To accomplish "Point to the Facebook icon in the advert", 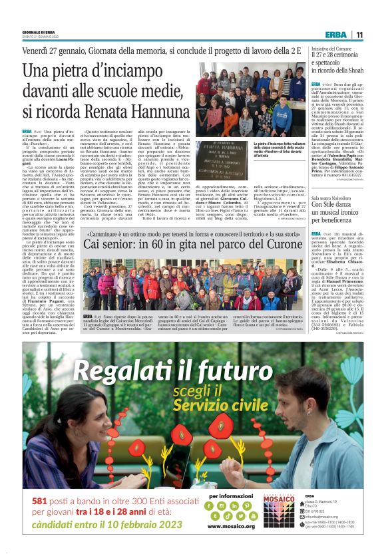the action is pos(214,506).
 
